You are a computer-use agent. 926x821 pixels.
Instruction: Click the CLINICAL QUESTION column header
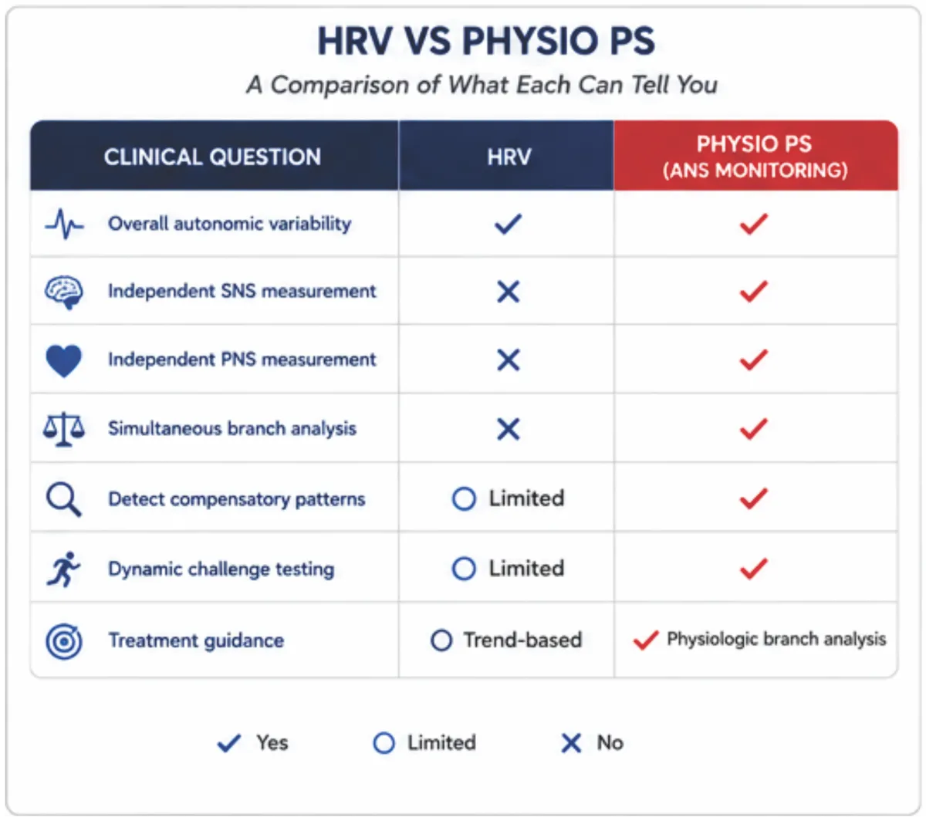pos(212,157)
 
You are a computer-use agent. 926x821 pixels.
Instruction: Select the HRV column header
pos(509,157)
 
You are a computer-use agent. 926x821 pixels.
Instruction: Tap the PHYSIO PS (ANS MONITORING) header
pos(755,157)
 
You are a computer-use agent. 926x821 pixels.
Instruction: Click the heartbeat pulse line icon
pos(64,224)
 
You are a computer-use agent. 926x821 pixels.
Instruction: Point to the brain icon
pos(64,292)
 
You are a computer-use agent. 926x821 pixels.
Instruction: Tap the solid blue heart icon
pos(63,360)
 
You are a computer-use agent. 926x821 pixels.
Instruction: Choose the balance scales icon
pos(64,429)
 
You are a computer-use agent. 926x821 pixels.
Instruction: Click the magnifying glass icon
pos(63,499)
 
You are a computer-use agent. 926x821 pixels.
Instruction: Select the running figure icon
pos(63,569)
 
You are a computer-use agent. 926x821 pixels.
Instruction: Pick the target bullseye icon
pos(64,641)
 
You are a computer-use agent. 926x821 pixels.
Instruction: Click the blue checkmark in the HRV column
pos(508,224)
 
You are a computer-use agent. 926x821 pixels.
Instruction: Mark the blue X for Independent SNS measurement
pos(509,292)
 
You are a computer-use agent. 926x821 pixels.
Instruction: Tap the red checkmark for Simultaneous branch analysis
pos(753,428)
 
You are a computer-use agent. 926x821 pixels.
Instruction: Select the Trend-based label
pos(523,640)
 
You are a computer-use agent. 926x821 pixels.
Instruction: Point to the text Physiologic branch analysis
pos(776,639)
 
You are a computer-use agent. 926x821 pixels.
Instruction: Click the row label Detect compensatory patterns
pos(237,499)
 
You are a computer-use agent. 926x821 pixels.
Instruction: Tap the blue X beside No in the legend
pos(571,743)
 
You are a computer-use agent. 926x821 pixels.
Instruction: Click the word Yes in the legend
pos(272,742)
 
